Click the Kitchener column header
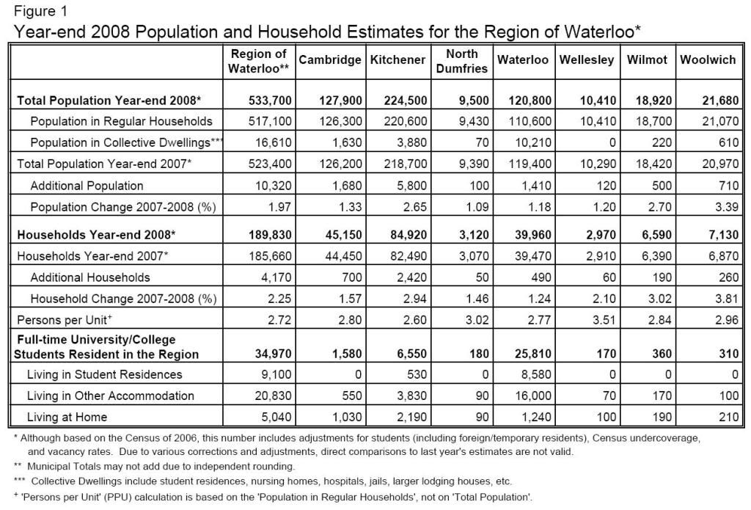pos(398,60)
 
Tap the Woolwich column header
pos(708,60)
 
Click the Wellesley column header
pos(586,60)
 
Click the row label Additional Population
pos(87,186)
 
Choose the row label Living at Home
pos(67,418)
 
